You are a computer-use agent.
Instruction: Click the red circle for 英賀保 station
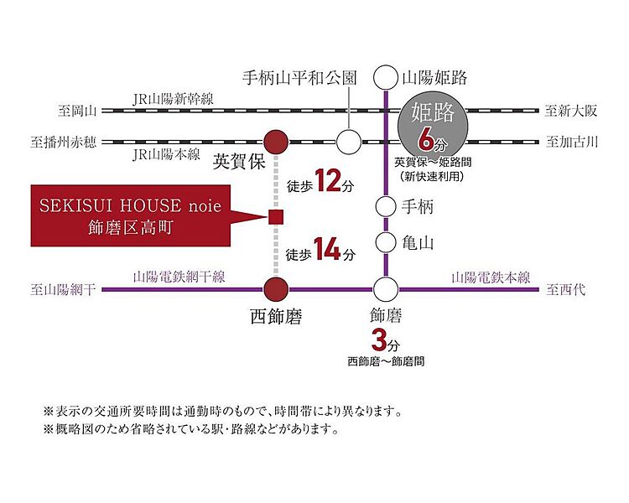pyautogui.click(x=276, y=142)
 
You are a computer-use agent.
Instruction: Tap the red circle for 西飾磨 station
pyautogui.click(x=276, y=289)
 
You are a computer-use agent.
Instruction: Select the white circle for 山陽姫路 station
pyautogui.click(x=386, y=78)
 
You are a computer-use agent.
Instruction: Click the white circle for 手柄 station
pyautogui.click(x=386, y=206)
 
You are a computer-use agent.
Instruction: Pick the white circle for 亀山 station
pyautogui.click(x=386, y=242)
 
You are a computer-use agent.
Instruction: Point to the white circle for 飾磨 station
pyautogui.click(x=386, y=289)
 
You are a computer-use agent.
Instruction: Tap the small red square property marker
pyautogui.click(x=276, y=217)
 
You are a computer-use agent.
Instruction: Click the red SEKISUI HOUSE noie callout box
pyautogui.click(x=131, y=215)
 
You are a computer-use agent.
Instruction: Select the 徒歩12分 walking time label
pyautogui.click(x=320, y=182)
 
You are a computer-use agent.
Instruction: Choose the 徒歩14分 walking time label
pyautogui.click(x=320, y=251)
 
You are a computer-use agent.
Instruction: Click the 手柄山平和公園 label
pyautogui.click(x=299, y=78)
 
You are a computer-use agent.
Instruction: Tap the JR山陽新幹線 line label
pyautogui.click(x=173, y=99)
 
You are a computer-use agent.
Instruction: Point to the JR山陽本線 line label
pyautogui.click(x=166, y=154)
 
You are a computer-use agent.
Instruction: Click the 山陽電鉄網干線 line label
pyautogui.click(x=179, y=277)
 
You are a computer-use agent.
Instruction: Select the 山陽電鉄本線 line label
pyautogui.click(x=491, y=277)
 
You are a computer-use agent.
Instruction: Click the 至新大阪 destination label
pyautogui.click(x=570, y=111)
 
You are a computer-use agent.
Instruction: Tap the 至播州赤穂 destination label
pyautogui.click(x=64, y=142)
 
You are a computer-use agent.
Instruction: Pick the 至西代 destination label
pyautogui.click(x=565, y=289)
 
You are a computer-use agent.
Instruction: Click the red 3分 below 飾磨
pyautogui.click(x=386, y=341)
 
